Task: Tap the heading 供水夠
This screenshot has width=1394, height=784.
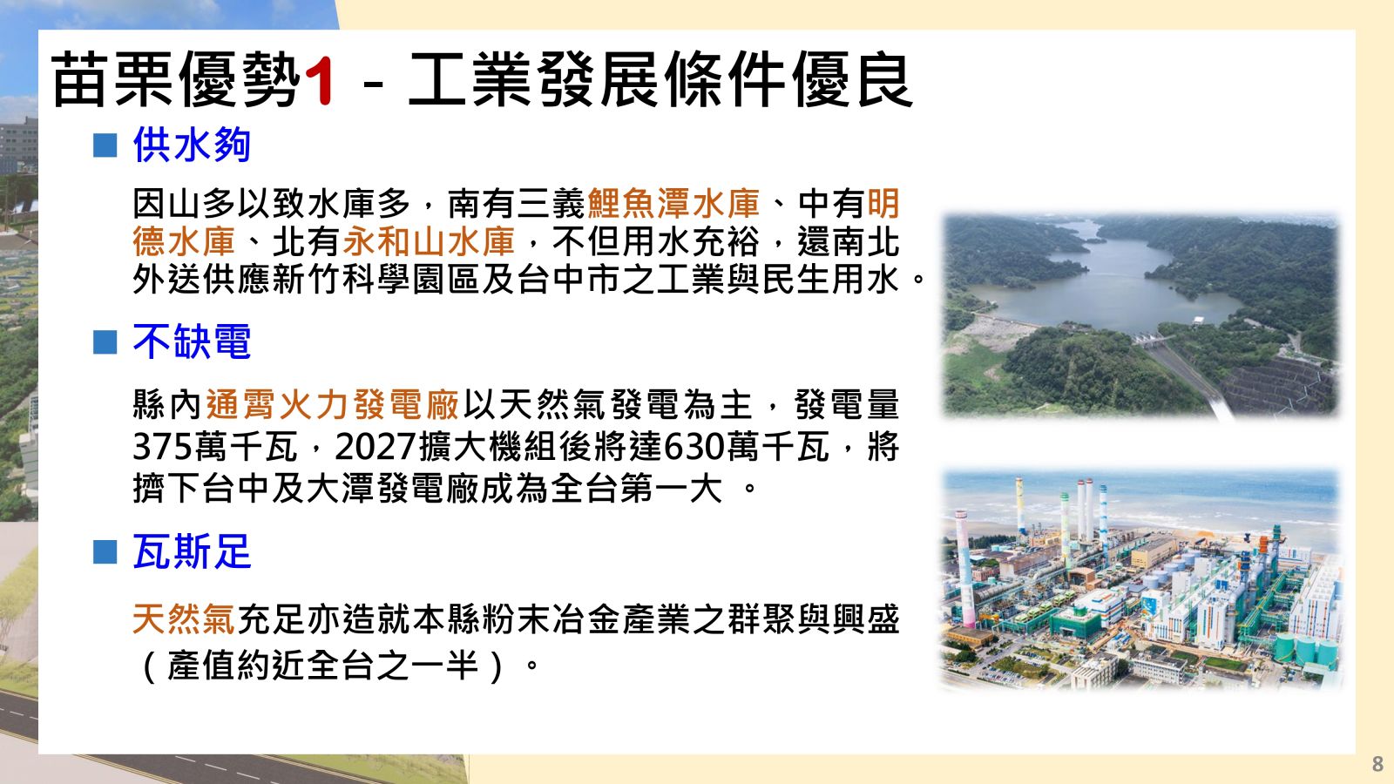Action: pos(193,145)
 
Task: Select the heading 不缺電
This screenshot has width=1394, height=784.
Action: pos(193,341)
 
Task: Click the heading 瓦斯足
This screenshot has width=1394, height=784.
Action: pos(193,551)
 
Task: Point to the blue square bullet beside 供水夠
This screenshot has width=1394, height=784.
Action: pos(105,145)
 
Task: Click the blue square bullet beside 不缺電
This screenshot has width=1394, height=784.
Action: pos(105,341)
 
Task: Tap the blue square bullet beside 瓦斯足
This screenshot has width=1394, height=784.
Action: pos(105,552)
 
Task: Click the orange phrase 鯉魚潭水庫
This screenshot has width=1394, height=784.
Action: pos(673,204)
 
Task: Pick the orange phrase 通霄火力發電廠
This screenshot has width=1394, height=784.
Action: pos(332,404)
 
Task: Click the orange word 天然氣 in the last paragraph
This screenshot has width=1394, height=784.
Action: pos(184,619)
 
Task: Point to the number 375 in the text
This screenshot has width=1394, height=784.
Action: pos(162,446)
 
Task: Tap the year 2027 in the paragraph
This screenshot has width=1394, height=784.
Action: pos(376,446)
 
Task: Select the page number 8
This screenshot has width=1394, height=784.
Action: pos(1377,763)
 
